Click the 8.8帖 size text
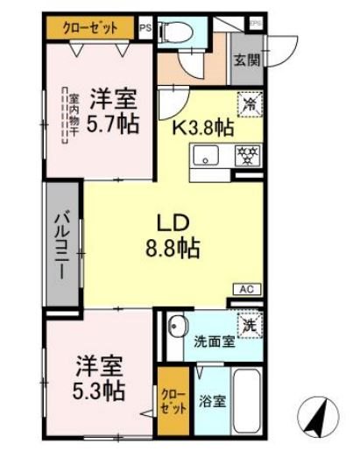tap(173, 247)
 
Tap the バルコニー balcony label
tap(63, 243)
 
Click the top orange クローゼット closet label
tap(90, 27)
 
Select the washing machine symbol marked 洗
tap(250, 322)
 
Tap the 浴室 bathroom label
tap(213, 403)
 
